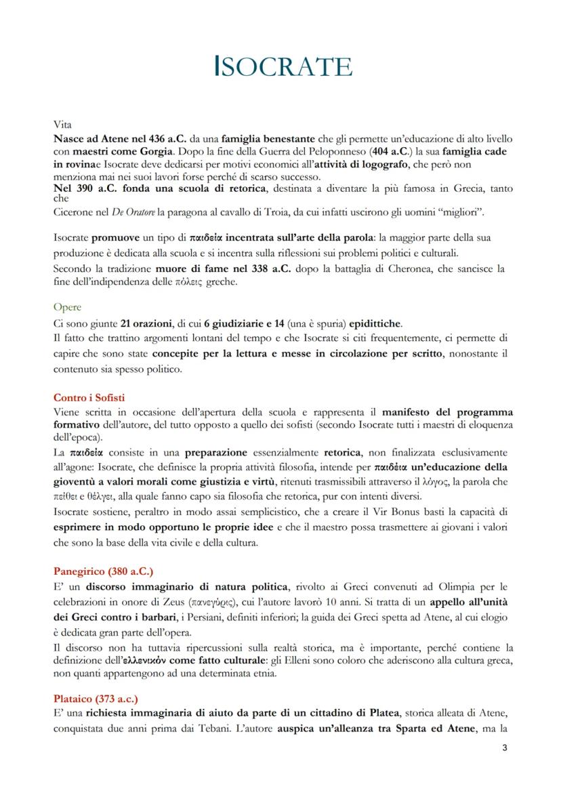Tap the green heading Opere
coord(67,307)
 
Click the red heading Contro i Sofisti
coord(89,398)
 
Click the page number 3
coord(504,748)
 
